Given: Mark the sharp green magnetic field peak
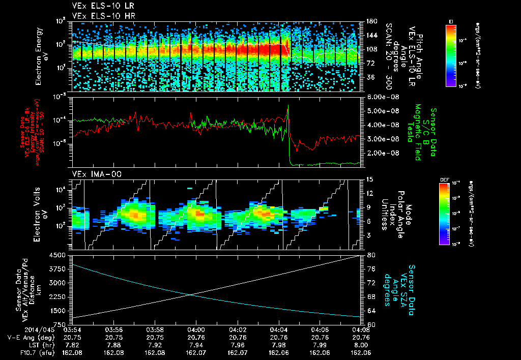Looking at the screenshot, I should tap(288, 106).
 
